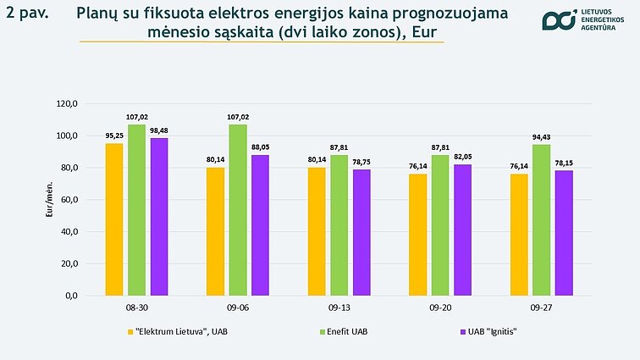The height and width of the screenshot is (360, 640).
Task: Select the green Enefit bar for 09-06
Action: [238, 209]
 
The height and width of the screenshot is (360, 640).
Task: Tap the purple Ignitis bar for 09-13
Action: [361, 232]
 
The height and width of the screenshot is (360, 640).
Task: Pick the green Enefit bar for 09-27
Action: [542, 219]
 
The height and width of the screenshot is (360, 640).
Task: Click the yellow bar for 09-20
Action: [418, 234]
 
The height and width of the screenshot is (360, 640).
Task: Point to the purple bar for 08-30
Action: [158, 216]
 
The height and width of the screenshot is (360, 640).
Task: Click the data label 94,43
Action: [542, 137]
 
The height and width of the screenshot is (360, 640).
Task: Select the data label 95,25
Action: [114, 136]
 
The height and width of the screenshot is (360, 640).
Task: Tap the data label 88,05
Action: [260, 147]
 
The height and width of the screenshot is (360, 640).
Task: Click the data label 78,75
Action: [361, 162]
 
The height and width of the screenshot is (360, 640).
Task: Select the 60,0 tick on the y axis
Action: [68, 200]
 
